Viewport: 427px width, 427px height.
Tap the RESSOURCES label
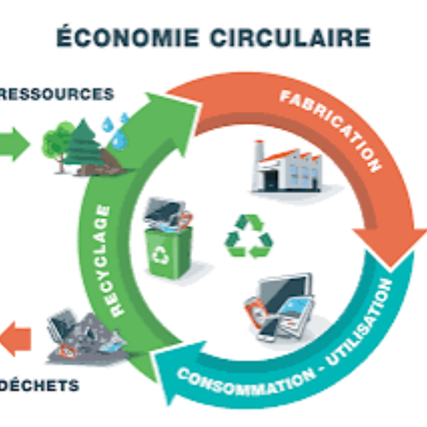(x=57, y=95)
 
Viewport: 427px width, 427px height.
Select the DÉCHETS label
(x=40, y=386)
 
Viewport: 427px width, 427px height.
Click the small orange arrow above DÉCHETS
(x=15, y=340)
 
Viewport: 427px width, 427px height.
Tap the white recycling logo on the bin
(x=161, y=256)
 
